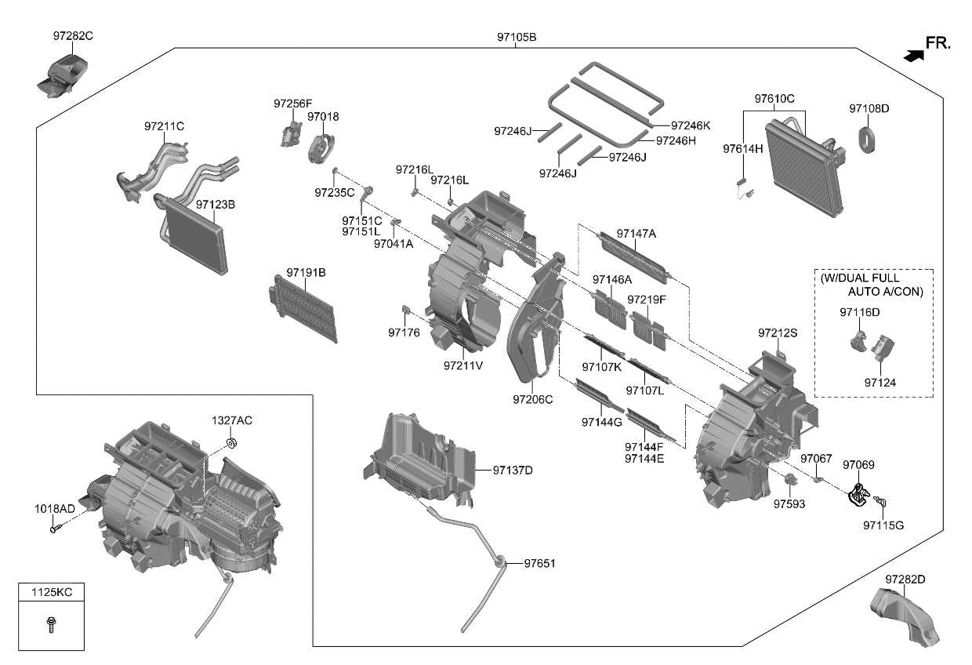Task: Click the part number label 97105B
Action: (x=516, y=37)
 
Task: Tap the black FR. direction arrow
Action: (x=912, y=55)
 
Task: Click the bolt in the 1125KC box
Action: (x=51, y=626)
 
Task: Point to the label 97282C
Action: (x=74, y=36)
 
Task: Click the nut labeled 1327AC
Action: (x=230, y=445)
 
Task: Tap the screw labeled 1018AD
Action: (x=55, y=529)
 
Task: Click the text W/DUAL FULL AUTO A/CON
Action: (x=872, y=285)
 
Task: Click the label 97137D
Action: (x=513, y=470)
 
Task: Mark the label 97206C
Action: (x=533, y=399)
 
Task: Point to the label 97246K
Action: (x=690, y=125)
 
